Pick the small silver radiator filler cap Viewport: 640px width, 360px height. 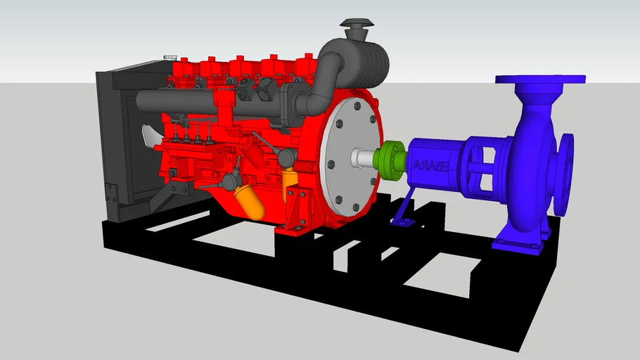169,56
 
